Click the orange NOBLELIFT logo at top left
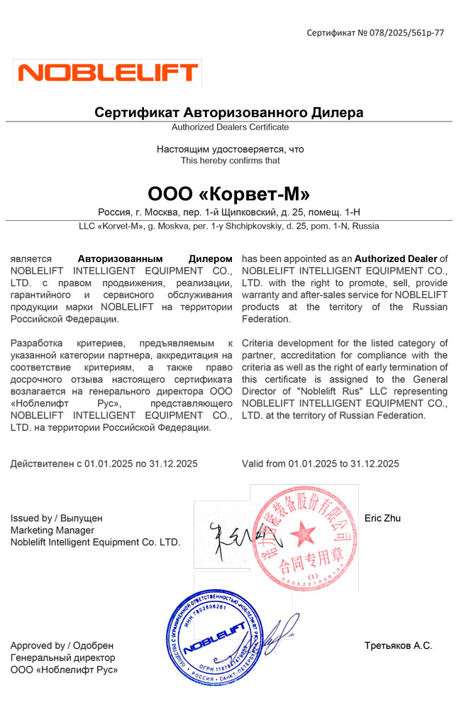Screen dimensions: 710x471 coord(108,72)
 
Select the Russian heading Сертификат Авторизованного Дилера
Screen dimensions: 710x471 coord(229,112)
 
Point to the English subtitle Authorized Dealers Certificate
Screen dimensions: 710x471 coord(231,127)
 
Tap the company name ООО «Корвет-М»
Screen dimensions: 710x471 coord(228,193)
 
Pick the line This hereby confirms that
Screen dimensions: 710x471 coord(231,160)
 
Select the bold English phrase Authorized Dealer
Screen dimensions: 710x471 coord(396,259)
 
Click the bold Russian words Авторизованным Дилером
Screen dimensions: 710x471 coord(155,259)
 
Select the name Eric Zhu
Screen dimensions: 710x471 coord(382,518)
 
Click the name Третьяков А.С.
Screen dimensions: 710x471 coord(398,645)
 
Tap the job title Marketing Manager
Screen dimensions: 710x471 coord(52,530)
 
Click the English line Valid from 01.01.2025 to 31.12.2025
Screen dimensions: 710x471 coord(320,464)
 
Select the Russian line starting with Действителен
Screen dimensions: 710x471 coord(104,464)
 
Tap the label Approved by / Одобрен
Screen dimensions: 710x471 coord(62,645)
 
